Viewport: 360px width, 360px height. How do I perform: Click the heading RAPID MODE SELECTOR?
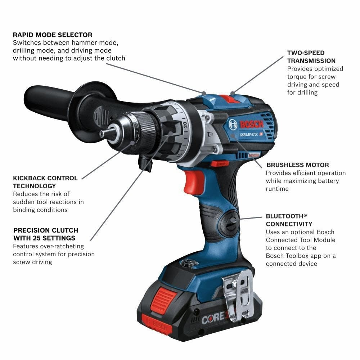click(x=53, y=35)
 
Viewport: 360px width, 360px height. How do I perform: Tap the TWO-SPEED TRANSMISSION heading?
click(x=311, y=57)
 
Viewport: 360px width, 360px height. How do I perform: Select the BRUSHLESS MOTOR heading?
click(x=297, y=165)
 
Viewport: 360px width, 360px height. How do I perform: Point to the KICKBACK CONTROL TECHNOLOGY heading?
click(x=45, y=182)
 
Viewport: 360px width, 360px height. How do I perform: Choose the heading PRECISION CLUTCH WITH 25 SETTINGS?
click(x=45, y=234)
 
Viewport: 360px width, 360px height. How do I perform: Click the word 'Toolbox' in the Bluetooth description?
click(x=300, y=256)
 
